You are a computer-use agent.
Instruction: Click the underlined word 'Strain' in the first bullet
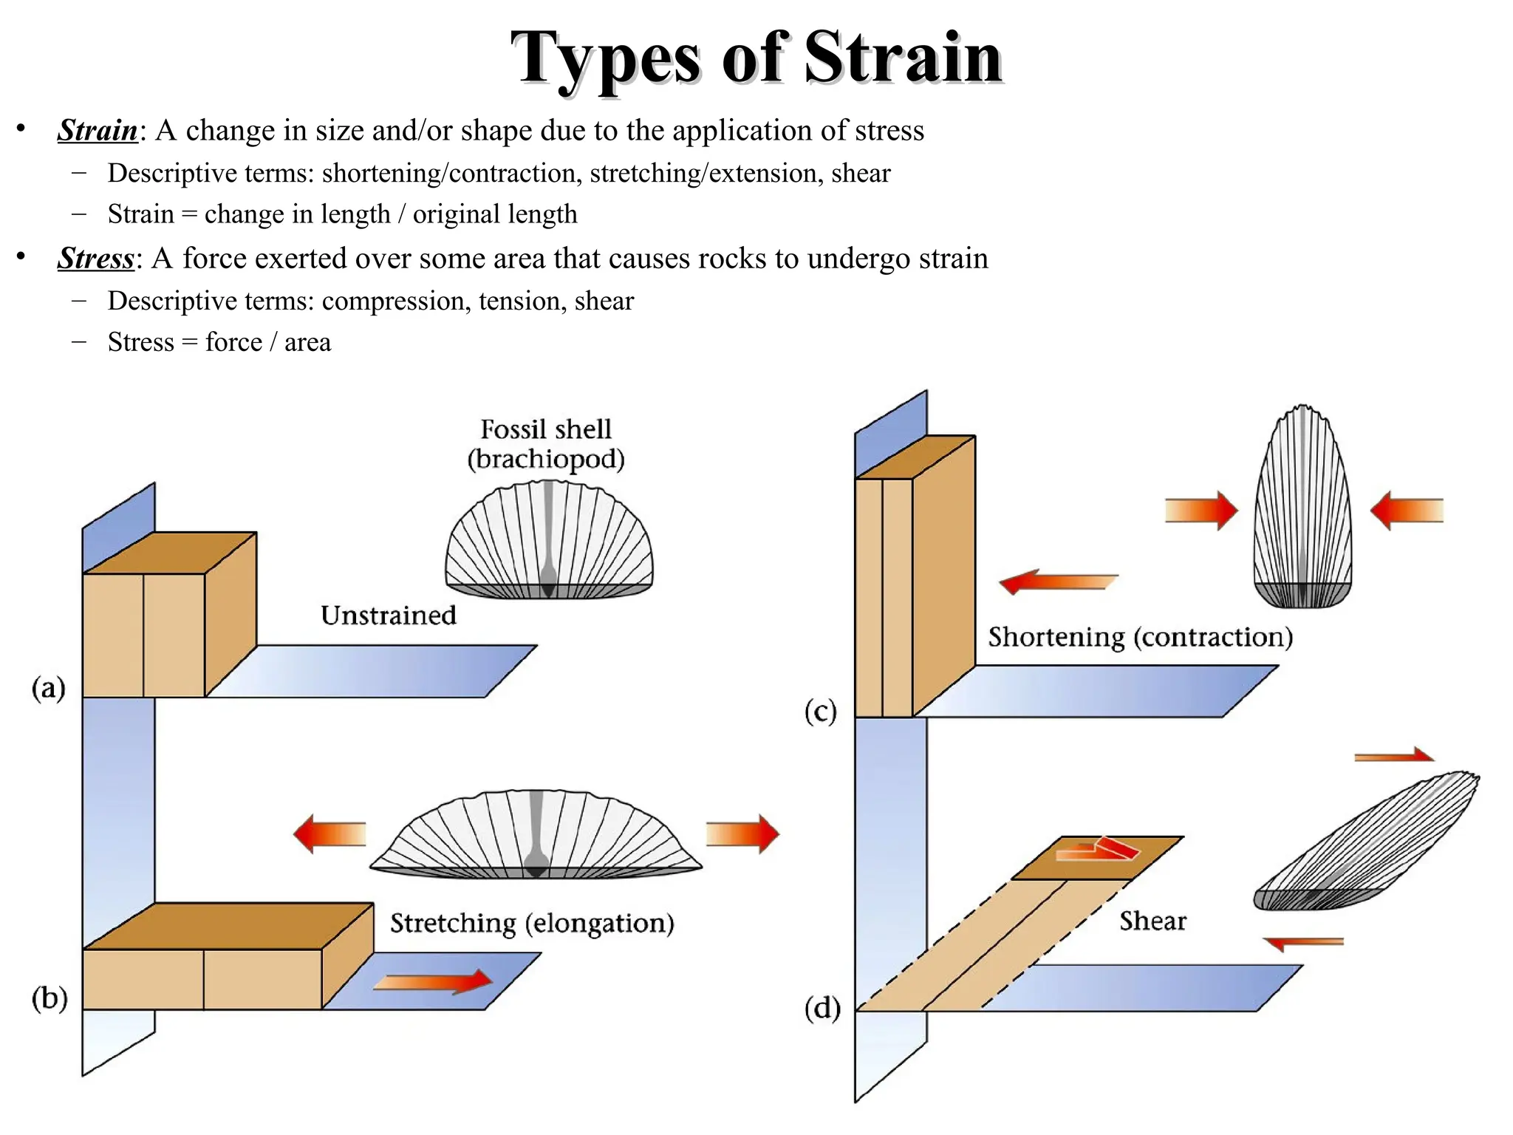coord(98,131)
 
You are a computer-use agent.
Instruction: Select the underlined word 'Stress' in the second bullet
coord(96,259)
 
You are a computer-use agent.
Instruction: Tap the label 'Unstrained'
coord(388,616)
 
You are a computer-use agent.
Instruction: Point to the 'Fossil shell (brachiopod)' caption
coord(546,444)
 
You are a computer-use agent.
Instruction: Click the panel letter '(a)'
coord(49,689)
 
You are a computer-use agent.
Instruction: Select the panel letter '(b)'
coord(49,998)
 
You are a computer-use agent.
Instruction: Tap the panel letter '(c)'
coord(820,712)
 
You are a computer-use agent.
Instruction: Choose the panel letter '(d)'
coord(822,1009)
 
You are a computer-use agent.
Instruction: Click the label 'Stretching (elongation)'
coord(532,924)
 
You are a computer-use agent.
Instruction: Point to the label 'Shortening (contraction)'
coord(1140,637)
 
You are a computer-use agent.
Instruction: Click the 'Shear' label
coord(1152,921)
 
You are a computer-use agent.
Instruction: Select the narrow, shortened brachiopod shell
coord(1302,510)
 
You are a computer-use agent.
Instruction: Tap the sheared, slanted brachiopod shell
coord(1367,842)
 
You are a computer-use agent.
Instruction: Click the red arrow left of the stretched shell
coord(329,834)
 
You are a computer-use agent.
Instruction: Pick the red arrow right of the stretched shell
coord(742,834)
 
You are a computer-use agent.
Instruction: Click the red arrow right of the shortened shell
coord(1407,511)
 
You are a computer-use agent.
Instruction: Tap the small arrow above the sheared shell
coord(1393,755)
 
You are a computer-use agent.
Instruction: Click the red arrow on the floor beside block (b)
coord(433,981)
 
